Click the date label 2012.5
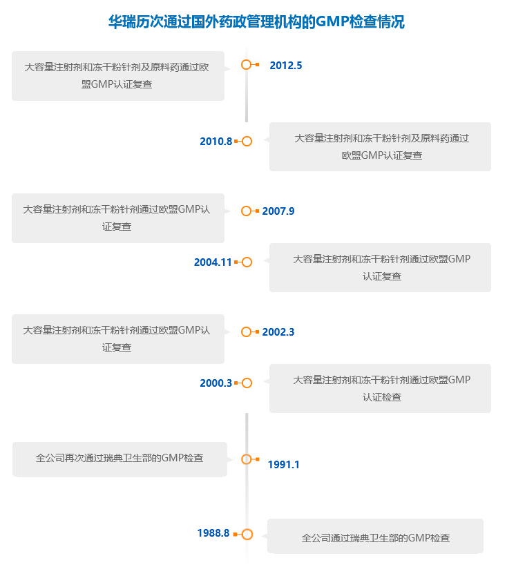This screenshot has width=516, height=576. [x=285, y=66]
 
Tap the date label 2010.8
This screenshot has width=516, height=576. [x=216, y=142]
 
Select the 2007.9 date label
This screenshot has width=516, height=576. [x=278, y=211]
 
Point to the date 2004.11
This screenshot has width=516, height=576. [x=213, y=262]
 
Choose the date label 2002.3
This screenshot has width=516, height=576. [x=278, y=332]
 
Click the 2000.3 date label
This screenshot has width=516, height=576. [x=216, y=383]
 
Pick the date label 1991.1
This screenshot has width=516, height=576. [x=283, y=465]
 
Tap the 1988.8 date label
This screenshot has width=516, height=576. [x=213, y=533]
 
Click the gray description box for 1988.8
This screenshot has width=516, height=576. [x=375, y=536]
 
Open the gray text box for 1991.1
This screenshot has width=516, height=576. [x=120, y=459]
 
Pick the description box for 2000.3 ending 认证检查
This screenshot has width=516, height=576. [x=380, y=388]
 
